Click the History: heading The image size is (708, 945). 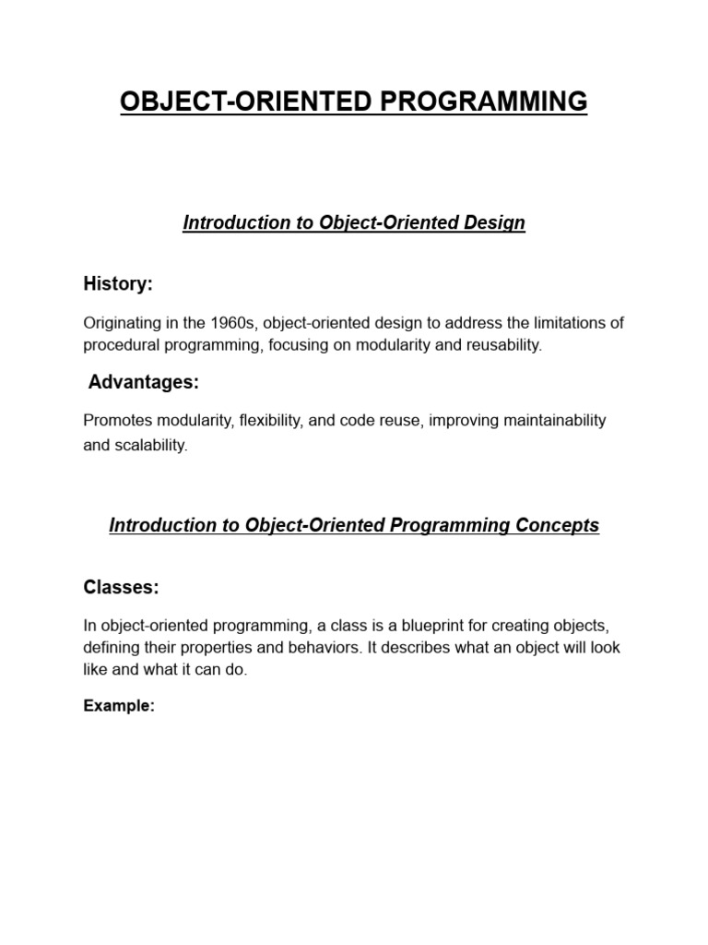[118, 284]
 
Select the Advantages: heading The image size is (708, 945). [144, 382]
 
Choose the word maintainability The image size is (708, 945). [549, 421]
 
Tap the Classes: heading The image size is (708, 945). [121, 587]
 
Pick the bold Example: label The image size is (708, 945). [119, 706]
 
